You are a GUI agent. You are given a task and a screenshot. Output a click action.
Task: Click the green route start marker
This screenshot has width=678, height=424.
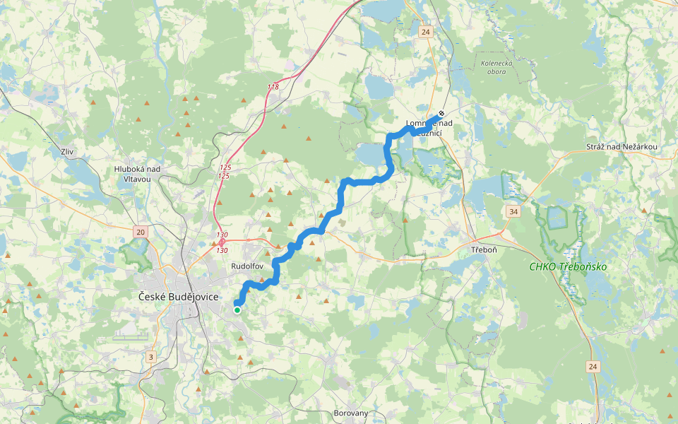(x=237, y=310)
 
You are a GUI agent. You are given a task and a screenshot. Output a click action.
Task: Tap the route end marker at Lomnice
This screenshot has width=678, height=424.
(x=441, y=113)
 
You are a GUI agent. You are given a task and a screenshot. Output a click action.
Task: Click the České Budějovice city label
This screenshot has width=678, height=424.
(x=179, y=298)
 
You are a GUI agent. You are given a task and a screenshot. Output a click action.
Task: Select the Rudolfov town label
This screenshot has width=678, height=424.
(x=247, y=266)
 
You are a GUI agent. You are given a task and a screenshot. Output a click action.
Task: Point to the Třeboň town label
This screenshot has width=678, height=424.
(x=485, y=251)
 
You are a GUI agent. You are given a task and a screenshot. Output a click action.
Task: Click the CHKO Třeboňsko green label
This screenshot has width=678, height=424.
(x=568, y=266)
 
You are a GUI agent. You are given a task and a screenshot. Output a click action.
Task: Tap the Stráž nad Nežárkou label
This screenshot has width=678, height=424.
(x=621, y=146)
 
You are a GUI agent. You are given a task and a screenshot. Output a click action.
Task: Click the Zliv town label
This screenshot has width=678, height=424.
(x=68, y=152)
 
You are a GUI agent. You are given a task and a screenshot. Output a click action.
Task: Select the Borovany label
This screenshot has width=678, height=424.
(x=351, y=413)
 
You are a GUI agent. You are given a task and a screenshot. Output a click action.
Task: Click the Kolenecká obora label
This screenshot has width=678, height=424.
(x=496, y=67)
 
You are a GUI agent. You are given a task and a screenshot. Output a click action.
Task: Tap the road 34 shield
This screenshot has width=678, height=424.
(x=512, y=211)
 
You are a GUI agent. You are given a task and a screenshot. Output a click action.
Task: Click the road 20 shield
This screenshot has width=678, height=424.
(x=140, y=232)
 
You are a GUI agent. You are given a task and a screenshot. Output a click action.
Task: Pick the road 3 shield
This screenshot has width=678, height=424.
(x=150, y=357)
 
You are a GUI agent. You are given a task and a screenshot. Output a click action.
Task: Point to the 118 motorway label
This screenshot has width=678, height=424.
(x=273, y=87)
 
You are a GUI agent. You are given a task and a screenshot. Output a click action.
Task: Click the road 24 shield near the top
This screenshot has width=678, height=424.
(x=424, y=32)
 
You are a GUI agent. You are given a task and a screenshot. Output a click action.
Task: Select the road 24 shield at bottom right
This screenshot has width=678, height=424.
(x=592, y=366)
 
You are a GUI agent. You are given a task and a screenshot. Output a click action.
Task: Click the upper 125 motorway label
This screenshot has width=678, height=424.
(x=224, y=167)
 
